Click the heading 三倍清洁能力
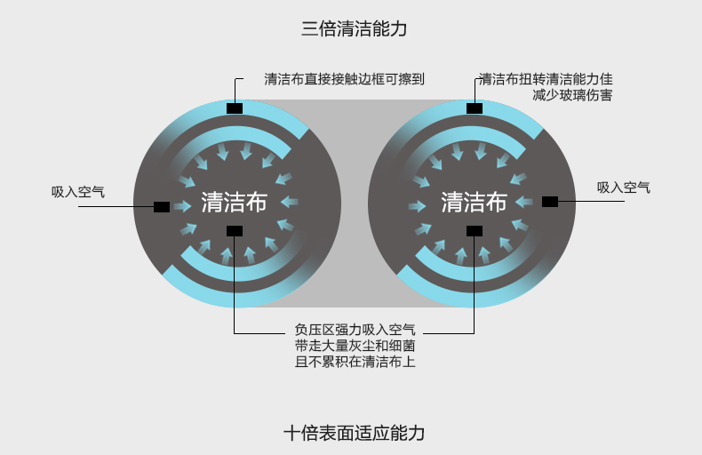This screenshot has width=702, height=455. [354, 28]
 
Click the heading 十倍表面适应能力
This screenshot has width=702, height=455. [355, 433]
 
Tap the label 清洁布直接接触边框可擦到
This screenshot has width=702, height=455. [344, 79]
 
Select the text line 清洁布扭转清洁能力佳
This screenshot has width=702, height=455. [546, 79]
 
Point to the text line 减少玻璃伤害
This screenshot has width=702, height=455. [572, 95]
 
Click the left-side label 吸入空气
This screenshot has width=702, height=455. [78, 192]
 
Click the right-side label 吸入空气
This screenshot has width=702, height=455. [623, 188]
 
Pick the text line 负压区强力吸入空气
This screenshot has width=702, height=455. [355, 330]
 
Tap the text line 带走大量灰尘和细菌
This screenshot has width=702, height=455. [355, 346]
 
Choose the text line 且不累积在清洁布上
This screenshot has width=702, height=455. [355, 362]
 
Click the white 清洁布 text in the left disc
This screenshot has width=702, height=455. [235, 202]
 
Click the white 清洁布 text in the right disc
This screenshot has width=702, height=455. [475, 202]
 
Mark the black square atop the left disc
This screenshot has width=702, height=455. [235, 108]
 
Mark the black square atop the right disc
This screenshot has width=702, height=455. [475, 108]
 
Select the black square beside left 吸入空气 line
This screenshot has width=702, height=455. [162, 207]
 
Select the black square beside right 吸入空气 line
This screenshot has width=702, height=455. [550, 202]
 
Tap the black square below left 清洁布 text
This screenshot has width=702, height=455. [235, 231]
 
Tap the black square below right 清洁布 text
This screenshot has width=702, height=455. [475, 231]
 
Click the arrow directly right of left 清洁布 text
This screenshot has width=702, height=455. [290, 202]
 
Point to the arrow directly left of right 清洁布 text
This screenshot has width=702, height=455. [418, 206]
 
